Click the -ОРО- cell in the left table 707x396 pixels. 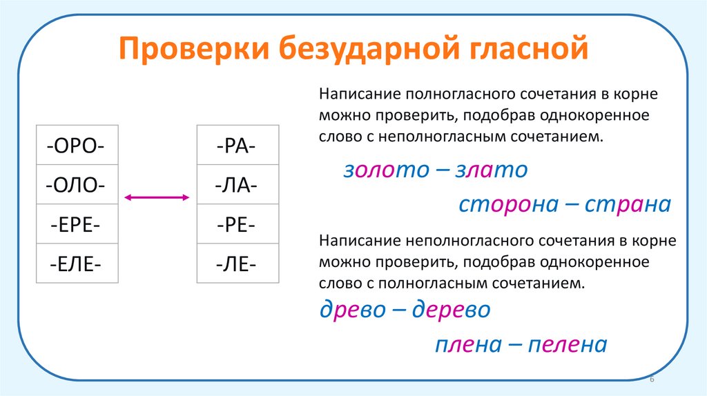(x=77, y=146)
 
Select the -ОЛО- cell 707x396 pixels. (x=77, y=185)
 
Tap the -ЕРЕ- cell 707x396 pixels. (x=77, y=224)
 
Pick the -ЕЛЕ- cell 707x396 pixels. (x=77, y=264)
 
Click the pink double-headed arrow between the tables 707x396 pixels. (x=157, y=198)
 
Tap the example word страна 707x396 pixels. (x=628, y=205)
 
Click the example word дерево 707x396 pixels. (x=451, y=310)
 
